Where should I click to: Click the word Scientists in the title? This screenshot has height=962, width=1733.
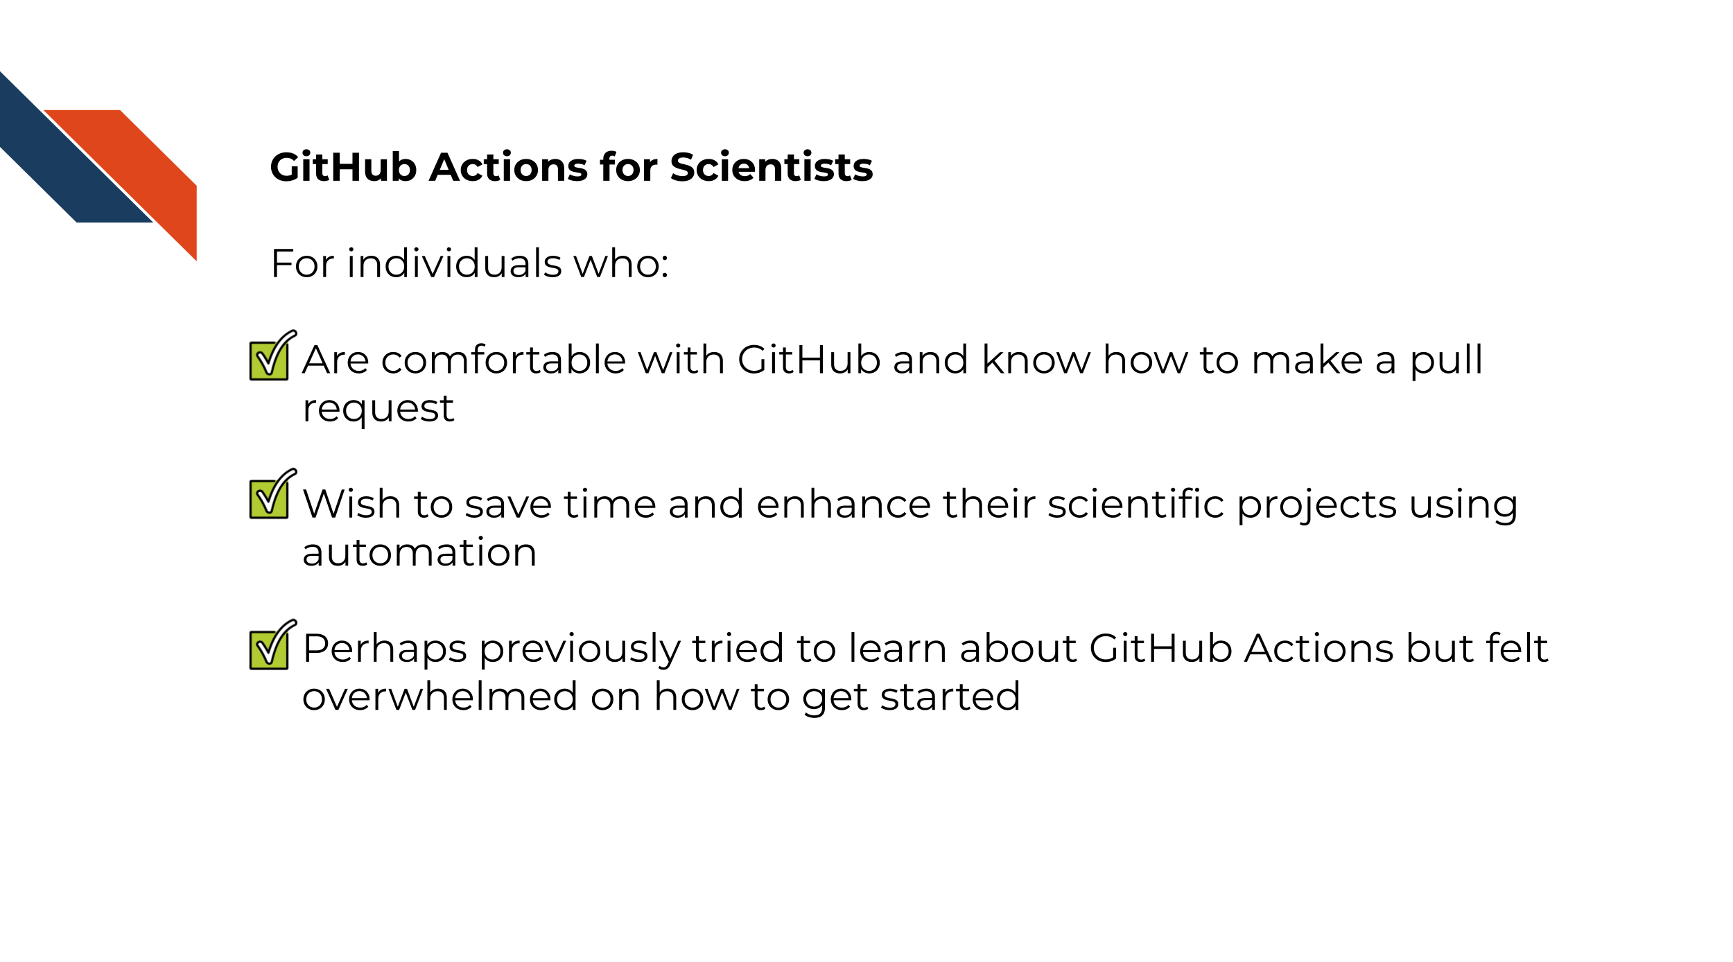tap(771, 167)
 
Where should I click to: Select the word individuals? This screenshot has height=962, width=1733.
tap(454, 263)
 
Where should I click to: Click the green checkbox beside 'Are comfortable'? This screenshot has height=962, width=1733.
tap(272, 356)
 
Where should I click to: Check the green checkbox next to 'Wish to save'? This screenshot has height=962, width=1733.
tap(272, 493)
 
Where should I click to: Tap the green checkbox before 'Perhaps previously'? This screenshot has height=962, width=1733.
tap(272, 645)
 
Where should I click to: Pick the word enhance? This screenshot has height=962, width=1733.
tap(844, 504)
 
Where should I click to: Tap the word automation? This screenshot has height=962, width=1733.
tap(419, 553)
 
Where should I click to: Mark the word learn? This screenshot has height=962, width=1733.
tap(898, 649)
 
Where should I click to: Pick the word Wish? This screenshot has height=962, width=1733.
tap(353, 504)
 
